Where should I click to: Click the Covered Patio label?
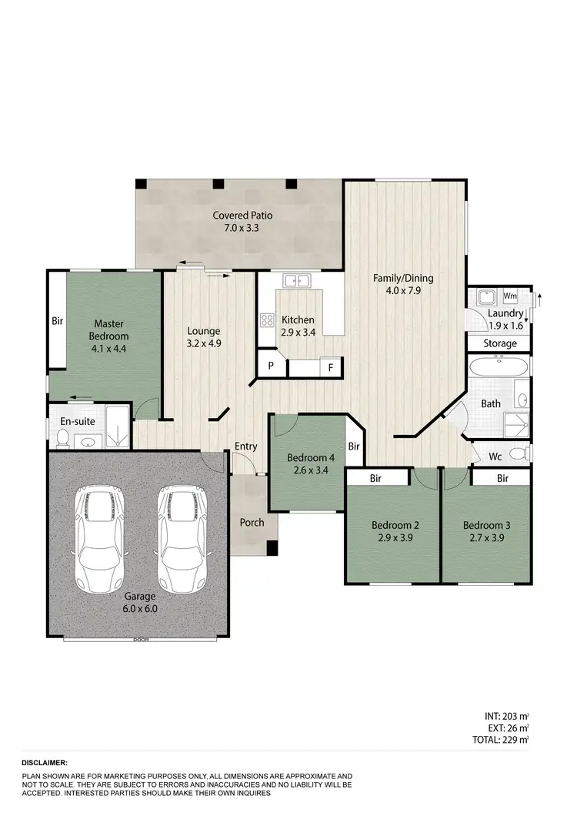coord(243,216)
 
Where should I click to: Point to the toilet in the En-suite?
coord(63,437)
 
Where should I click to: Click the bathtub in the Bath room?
coord(499,367)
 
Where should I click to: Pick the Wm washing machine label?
coord(509,296)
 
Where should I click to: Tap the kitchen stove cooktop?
coord(268,319)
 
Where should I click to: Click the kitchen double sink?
coord(295,280)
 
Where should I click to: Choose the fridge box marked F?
coord(331,366)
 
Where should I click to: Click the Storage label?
coord(499,343)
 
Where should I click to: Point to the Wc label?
coord(496,456)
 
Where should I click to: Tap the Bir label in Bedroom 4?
coord(354,446)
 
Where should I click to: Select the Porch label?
coord(252,523)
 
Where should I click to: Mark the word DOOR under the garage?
coord(140,640)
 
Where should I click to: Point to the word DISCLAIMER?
coord(45,761)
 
